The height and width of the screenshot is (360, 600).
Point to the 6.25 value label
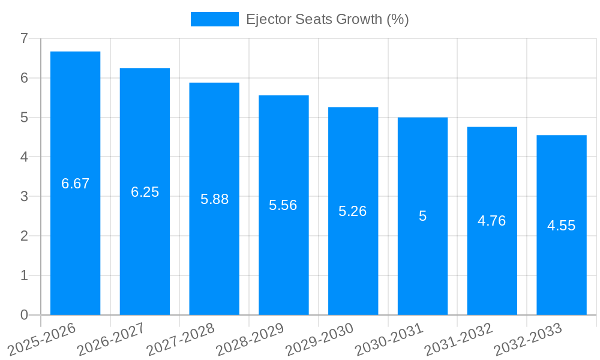[145, 192]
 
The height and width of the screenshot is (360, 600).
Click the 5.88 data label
[214, 199]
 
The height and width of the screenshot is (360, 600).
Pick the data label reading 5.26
[353, 211]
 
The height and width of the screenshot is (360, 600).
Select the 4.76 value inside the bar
[491, 221]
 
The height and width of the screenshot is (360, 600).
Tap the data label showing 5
[422, 216]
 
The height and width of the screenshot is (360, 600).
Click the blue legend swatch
[214, 19]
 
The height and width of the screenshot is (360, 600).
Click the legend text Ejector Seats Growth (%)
[327, 19]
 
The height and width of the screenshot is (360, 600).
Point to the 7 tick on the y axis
[24, 38]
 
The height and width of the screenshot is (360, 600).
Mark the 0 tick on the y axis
[24, 315]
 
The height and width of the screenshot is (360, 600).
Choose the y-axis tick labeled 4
[24, 157]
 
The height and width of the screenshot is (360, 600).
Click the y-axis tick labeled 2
[24, 236]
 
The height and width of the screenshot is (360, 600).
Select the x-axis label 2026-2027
[111, 339]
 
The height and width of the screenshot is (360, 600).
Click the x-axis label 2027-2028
[180, 339]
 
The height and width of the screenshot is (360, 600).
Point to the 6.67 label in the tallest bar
[75, 184]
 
